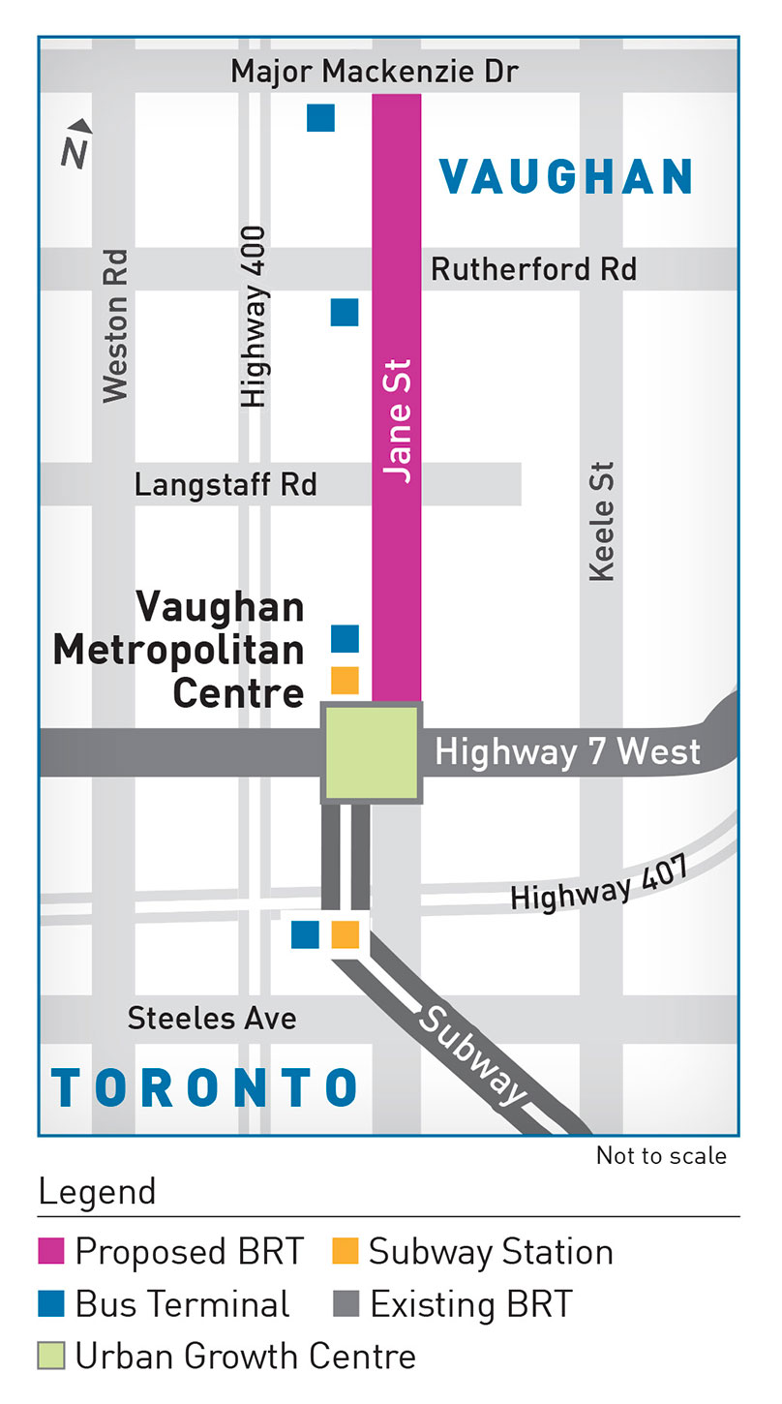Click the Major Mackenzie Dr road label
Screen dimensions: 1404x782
[376, 72]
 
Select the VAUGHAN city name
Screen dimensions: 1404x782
[566, 177]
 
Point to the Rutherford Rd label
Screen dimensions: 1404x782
[533, 268]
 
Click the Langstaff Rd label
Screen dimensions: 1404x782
[226, 484]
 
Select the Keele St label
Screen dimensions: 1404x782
[601, 521]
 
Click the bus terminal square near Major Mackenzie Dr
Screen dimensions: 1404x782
[320, 117]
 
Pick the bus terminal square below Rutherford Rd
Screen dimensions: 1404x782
[345, 312]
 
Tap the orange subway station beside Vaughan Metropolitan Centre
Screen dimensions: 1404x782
[345, 680]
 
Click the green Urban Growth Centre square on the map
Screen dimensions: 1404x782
[373, 753]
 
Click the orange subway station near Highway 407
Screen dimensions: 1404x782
[346, 934]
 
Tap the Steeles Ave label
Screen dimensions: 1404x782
[212, 1019]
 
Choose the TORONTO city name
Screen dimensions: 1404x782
[206, 1087]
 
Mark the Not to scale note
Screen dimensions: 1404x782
[661, 1155]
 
